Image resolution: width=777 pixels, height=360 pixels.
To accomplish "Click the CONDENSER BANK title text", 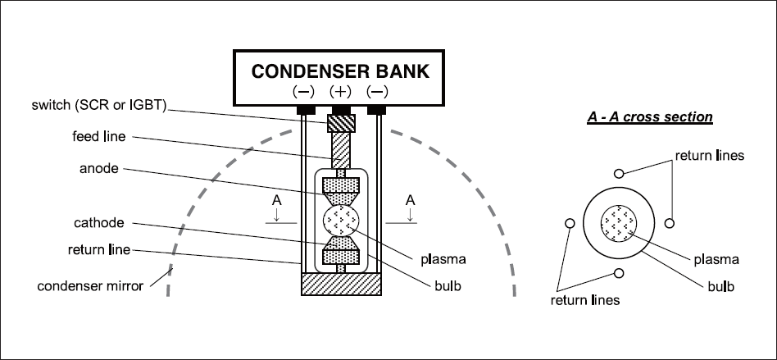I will click(x=340, y=71).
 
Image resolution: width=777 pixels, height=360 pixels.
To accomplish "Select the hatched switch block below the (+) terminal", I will click(x=340, y=124).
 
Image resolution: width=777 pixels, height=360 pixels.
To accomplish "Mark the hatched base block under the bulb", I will click(x=341, y=285).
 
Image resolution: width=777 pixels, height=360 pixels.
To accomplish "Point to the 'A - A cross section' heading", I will click(x=650, y=117).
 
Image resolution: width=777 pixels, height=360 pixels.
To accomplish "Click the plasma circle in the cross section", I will click(x=617, y=223).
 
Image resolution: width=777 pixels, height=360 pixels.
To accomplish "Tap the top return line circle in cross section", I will click(x=618, y=173).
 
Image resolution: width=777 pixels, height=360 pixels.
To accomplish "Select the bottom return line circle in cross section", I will click(x=618, y=274).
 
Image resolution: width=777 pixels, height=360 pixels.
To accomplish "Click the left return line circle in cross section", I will click(x=568, y=223).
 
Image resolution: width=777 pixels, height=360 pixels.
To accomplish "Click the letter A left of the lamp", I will click(x=279, y=199).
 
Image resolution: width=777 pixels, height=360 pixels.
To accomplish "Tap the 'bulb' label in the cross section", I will click(x=720, y=287).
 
